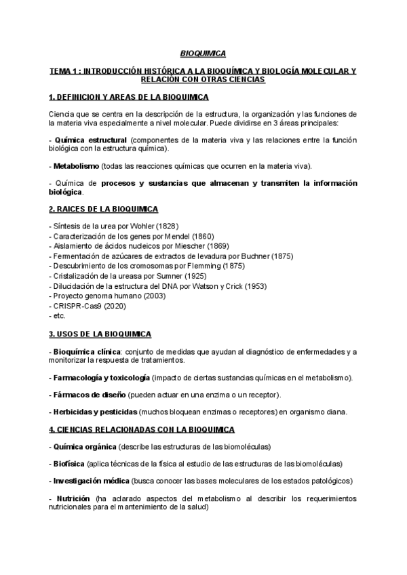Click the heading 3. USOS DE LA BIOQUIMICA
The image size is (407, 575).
100,334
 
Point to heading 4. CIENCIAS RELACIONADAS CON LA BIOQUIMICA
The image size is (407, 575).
142,430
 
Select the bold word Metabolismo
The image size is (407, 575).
77,165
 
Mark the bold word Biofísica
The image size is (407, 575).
69,464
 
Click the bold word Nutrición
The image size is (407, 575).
71,498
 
